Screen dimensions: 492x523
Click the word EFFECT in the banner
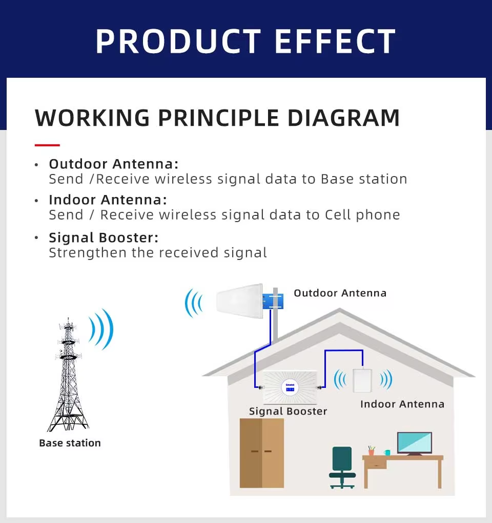tap(335, 41)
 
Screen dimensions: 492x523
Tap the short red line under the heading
tap(47, 145)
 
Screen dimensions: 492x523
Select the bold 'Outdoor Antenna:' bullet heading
tap(114, 164)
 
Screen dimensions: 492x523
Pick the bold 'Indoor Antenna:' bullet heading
tap(108, 200)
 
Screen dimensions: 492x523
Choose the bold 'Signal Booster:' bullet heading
tap(104, 237)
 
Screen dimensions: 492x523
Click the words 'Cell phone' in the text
tap(362, 215)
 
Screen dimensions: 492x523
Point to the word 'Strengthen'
tap(88, 253)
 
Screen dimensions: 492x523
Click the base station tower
tap(68, 374)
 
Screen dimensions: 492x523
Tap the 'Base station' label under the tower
tap(70, 443)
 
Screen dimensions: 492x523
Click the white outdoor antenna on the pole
tap(239, 301)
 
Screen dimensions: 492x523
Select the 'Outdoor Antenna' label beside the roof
tap(340, 293)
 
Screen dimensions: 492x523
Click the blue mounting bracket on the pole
tap(273, 301)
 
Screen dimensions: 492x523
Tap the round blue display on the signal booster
tap(290, 387)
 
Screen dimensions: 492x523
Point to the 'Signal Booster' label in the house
tap(288, 411)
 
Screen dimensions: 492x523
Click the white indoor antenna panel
tap(363, 380)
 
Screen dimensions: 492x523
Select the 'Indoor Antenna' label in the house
tap(402, 404)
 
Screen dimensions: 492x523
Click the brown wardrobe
tap(262, 453)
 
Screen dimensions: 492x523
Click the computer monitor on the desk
tap(415, 444)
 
